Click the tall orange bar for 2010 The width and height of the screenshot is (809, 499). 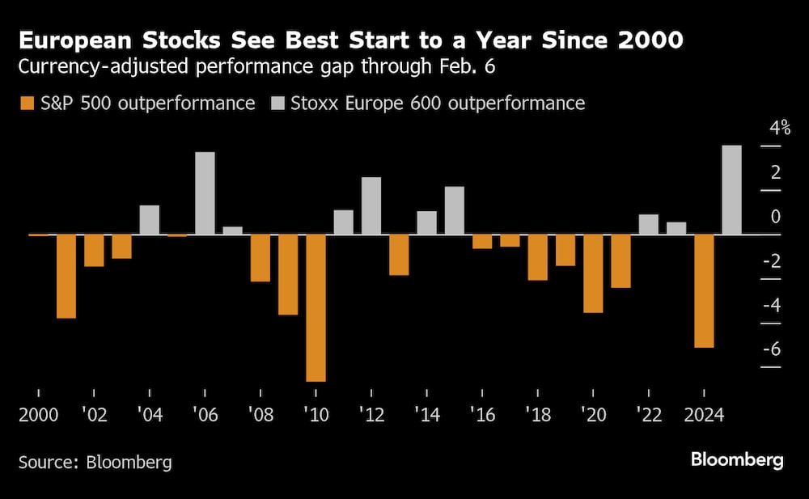[316, 307]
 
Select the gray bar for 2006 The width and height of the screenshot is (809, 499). [205, 193]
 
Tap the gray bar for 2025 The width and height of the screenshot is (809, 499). [731, 190]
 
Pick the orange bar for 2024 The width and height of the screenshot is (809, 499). [704, 291]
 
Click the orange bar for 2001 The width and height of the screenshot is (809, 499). [66, 276]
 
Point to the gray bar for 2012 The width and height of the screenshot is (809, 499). [371, 206]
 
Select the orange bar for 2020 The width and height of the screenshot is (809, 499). [593, 273]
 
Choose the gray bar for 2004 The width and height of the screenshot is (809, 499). [150, 220]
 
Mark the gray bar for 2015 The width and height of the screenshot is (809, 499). [455, 210]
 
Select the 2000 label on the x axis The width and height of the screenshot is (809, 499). [38, 415]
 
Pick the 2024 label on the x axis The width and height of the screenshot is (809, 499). [704, 415]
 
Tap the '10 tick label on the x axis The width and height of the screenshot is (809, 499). [316, 415]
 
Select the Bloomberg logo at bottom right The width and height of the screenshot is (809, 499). [737, 460]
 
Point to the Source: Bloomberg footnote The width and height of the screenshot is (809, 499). [95, 463]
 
